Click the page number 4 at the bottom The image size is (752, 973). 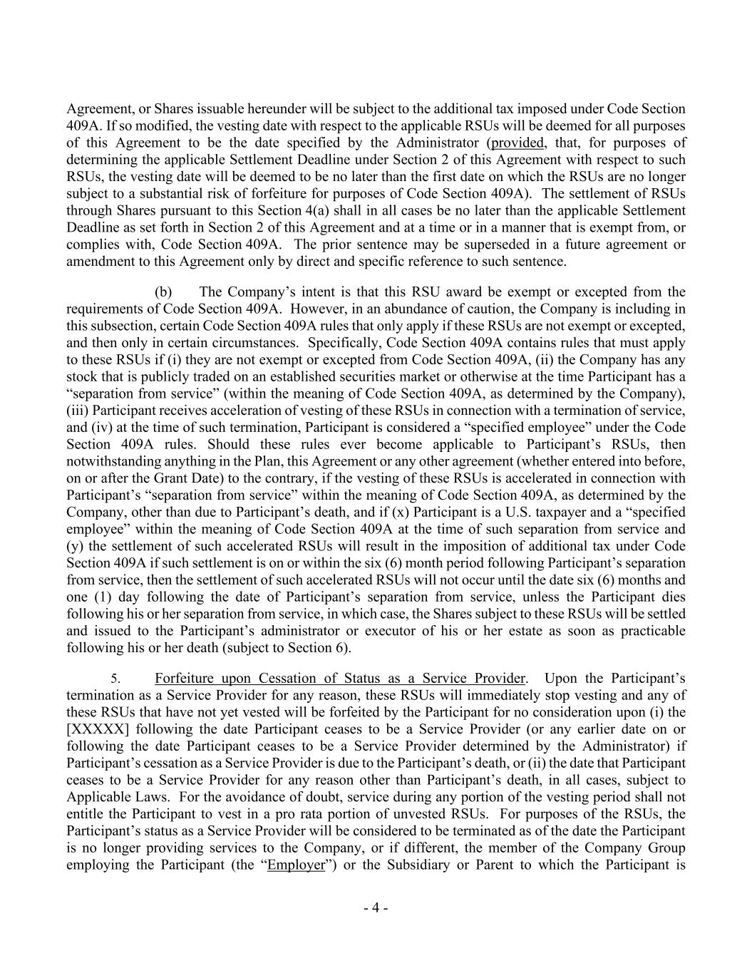[x=376, y=908]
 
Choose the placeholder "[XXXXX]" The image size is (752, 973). [x=97, y=729]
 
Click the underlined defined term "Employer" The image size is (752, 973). [x=296, y=865]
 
